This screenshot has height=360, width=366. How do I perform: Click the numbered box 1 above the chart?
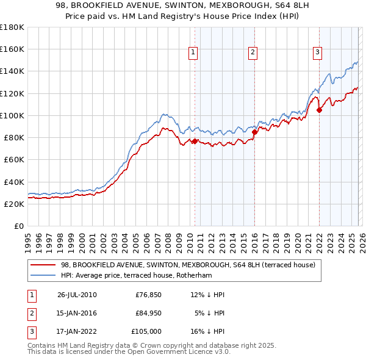pos(193,53)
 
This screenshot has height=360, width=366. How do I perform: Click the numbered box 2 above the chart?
pos(252,53)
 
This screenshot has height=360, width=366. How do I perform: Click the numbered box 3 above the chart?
pos(317,53)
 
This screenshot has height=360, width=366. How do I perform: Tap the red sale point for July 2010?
pos(195,141)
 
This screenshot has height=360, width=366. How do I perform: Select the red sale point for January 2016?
pos(254,132)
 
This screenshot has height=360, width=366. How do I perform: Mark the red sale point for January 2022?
pos(319,110)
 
